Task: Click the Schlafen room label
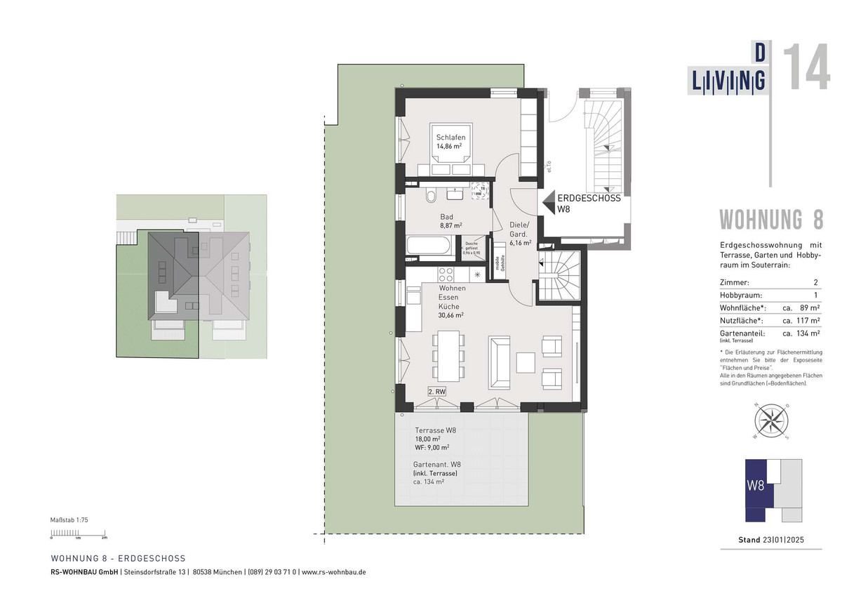click(450, 138)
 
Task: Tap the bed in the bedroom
click(451, 152)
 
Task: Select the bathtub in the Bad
click(429, 248)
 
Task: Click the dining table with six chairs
click(447, 354)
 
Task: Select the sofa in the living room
click(500, 362)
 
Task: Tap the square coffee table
click(526, 362)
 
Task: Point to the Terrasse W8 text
click(436, 430)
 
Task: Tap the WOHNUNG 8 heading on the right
click(770, 220)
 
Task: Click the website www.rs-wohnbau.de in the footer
click(334, 572)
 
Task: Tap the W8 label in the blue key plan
click(755, 485)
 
